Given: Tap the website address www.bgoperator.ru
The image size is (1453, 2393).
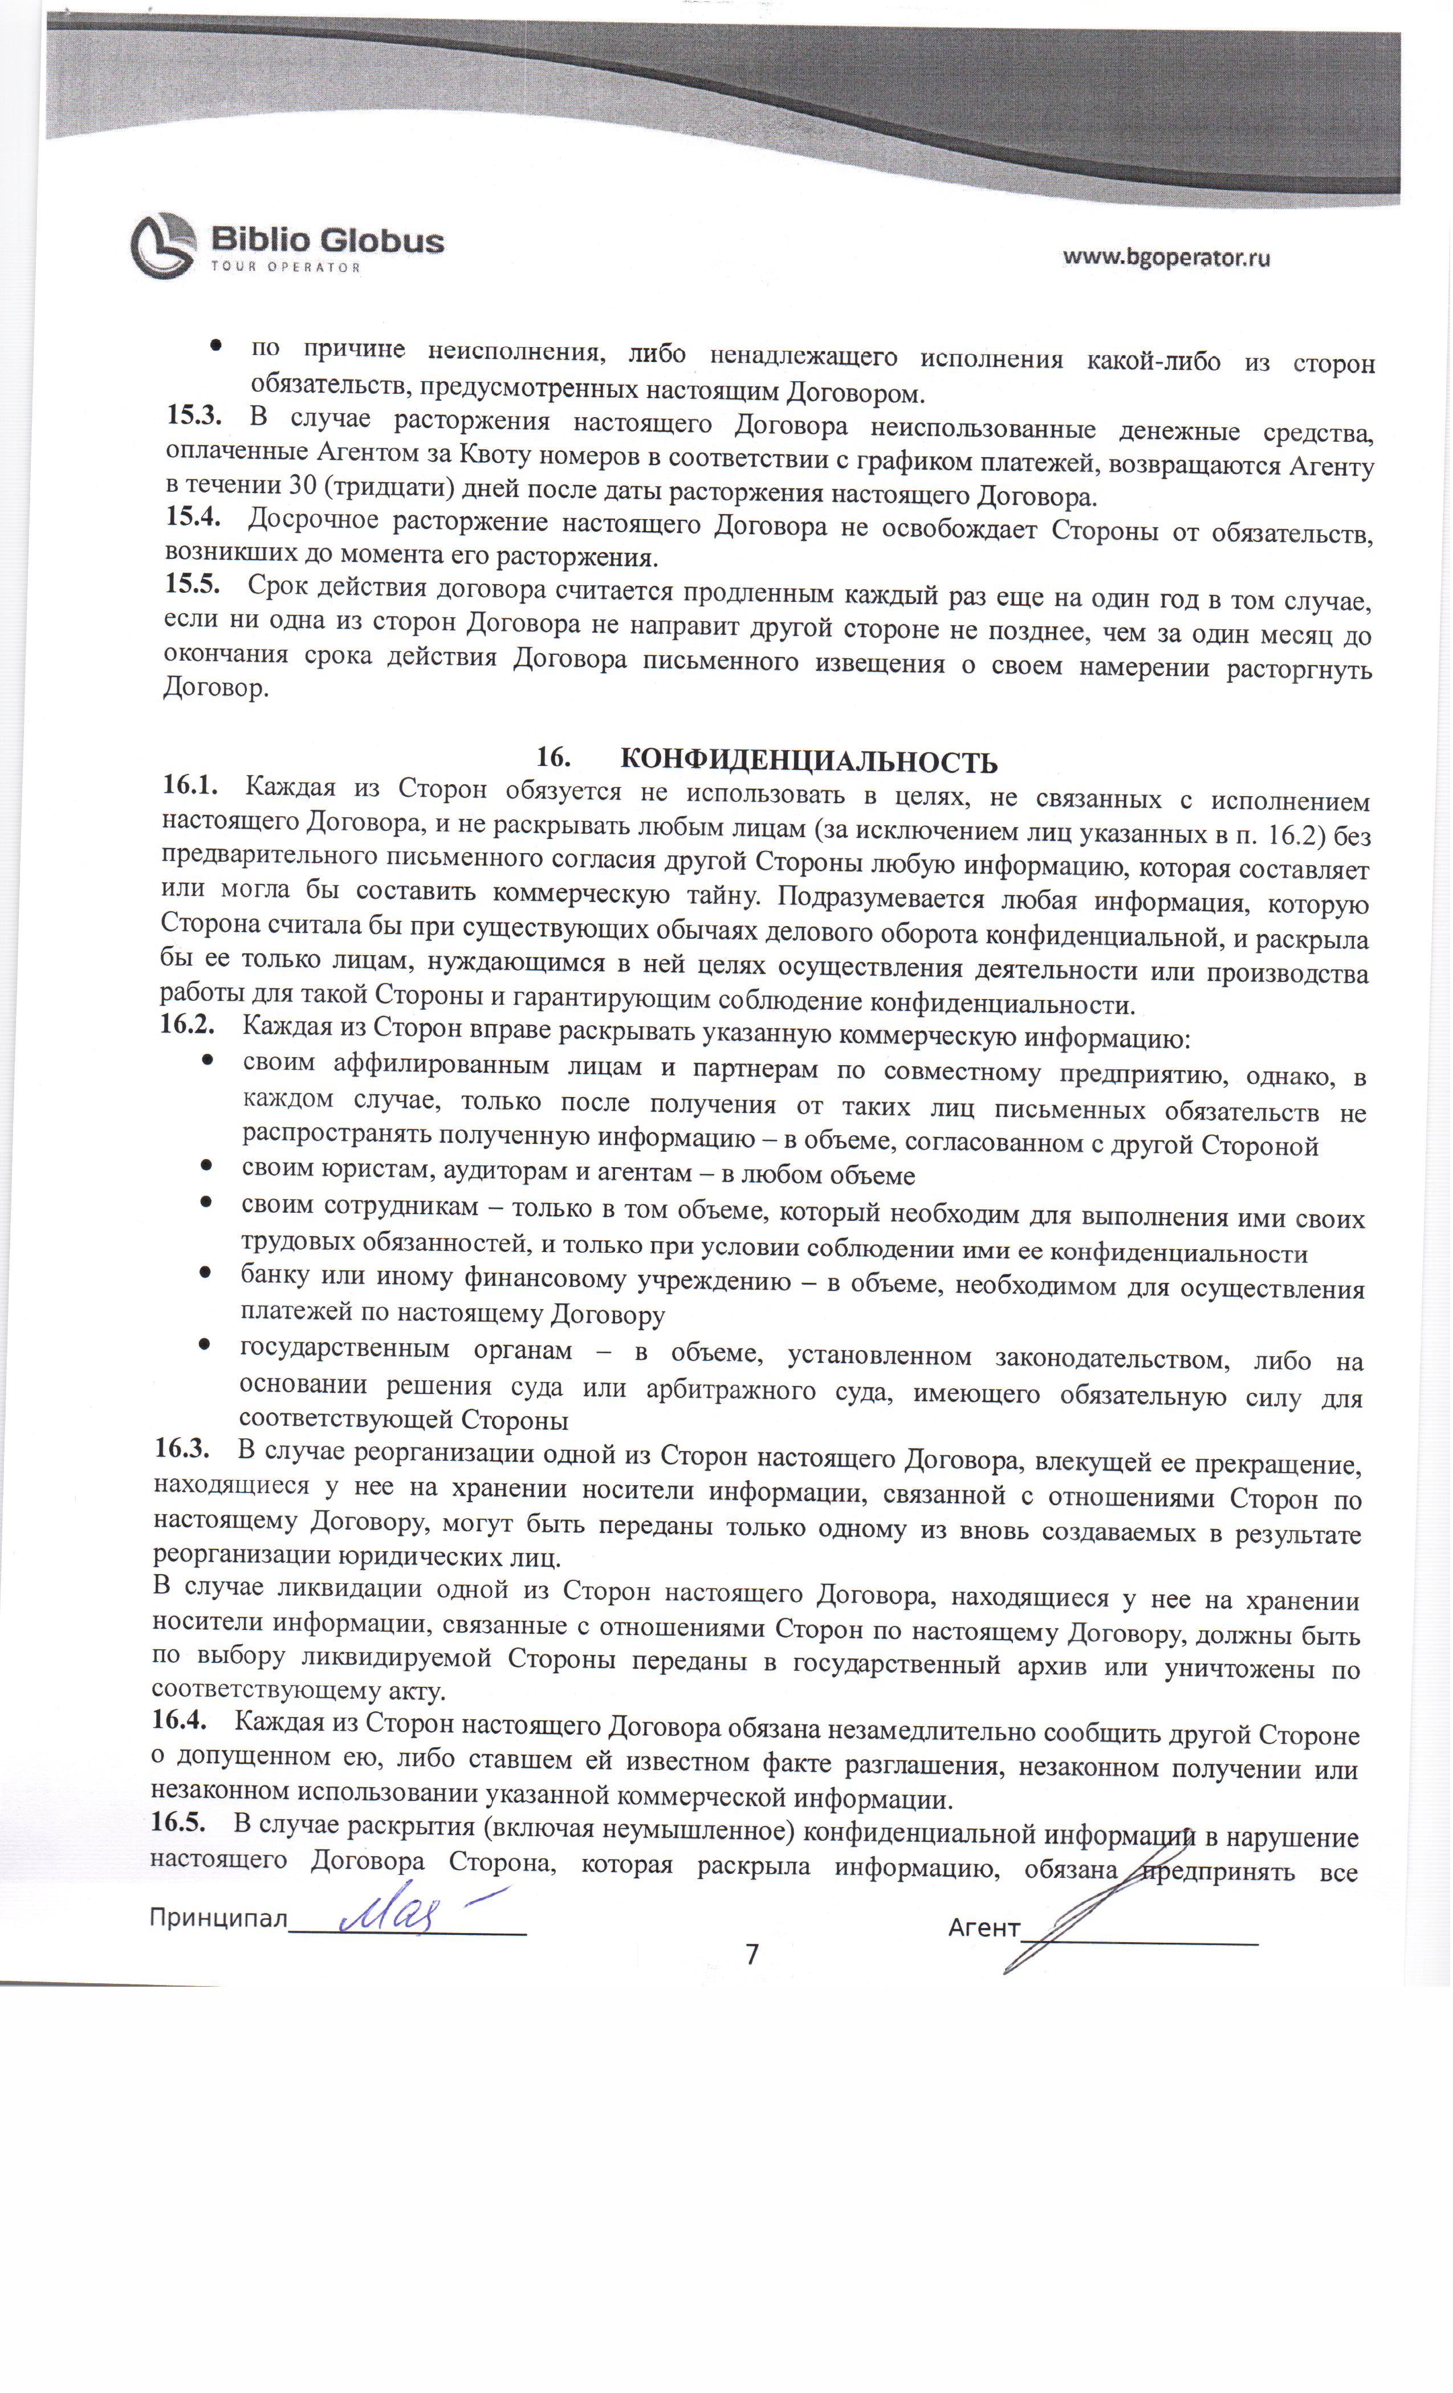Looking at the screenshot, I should pyautogui.click(x=1166, y=258).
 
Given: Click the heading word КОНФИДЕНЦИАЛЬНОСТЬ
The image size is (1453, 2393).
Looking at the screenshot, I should pyautogui.click(x=808, y=760).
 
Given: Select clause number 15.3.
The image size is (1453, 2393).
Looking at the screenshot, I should pyautogui.click(x=194, y=417).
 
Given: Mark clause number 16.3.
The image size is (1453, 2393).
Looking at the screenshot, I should pyautogui.click(x=182, y=1449).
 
